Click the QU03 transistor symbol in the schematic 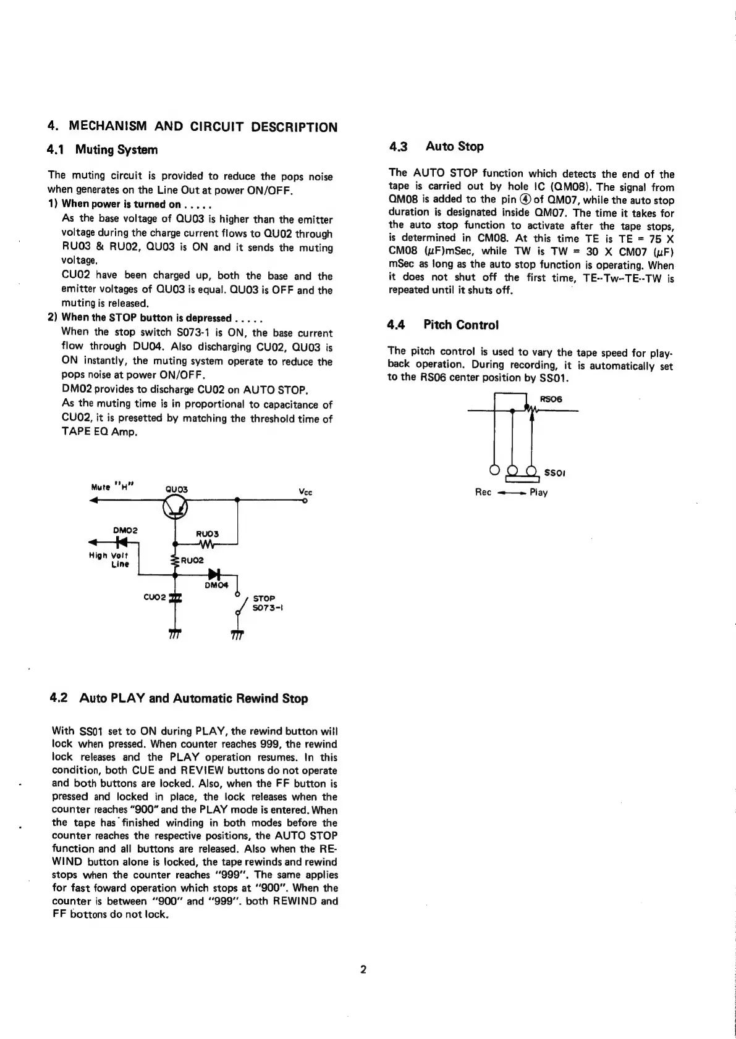coord(175,507)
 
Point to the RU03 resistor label coord(205,533)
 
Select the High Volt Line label coord(108,559)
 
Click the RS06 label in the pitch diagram coord(551,399)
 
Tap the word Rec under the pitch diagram coord(483,493)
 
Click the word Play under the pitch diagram coord(539,493)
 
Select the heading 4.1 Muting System coord(103,150)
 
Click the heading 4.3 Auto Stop coord(436,146)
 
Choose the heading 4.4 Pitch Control coord(443,325)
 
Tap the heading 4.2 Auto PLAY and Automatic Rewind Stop coord(178,698)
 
